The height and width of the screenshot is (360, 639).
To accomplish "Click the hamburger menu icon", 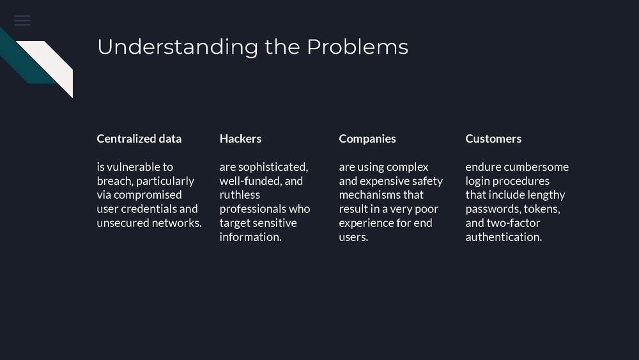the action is pos(22,20).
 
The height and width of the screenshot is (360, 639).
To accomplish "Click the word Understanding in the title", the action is pos(178,47).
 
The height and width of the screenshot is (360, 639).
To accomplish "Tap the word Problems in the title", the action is pos(357,47).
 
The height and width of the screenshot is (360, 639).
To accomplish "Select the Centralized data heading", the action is pos(139,139).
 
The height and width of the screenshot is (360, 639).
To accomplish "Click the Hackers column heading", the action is pos(240,139).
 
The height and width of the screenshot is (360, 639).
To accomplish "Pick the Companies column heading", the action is pos(367,139).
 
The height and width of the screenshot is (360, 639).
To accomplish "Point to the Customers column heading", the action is pos(493,139).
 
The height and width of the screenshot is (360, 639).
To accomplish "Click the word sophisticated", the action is pos(273,167).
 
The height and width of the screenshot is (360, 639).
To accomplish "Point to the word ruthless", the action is pos(240,195).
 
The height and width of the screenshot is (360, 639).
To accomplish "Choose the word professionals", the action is pos(252,209).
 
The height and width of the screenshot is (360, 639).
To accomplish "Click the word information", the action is pos(250,237).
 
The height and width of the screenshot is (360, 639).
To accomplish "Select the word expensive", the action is pos(384,182).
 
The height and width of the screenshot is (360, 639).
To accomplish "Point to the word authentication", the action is pos(504,237).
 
